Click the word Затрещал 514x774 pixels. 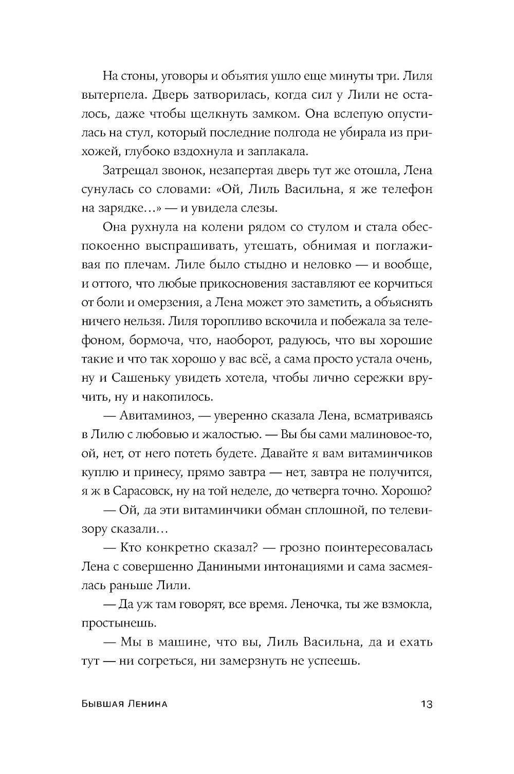[134, 171]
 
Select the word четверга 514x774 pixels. [326, 490]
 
